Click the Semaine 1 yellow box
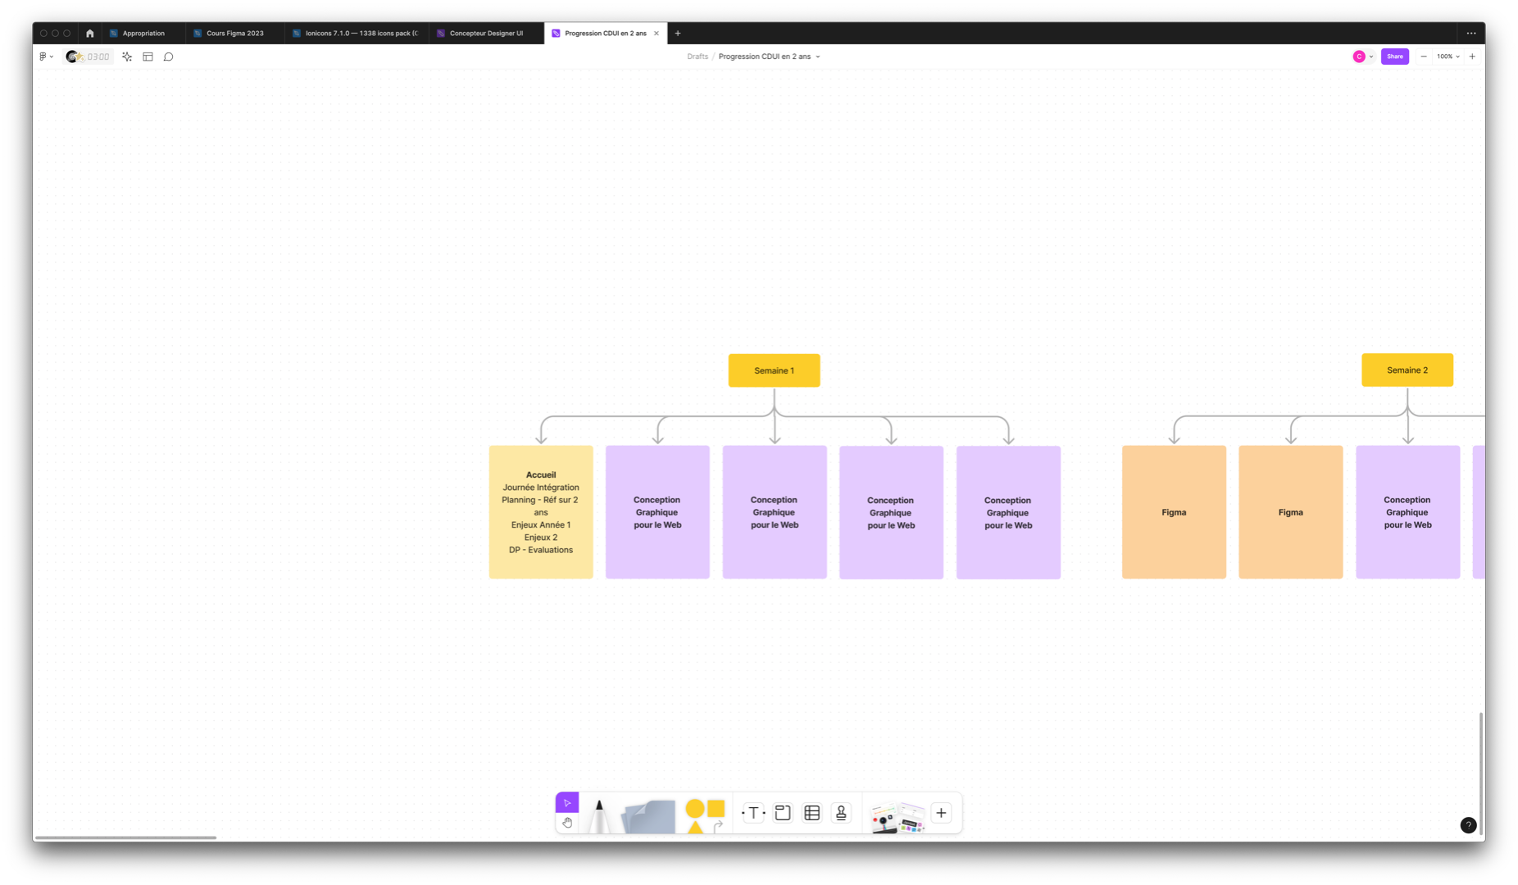click(x=774, y=370)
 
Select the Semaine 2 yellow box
click(x=1407, y=370)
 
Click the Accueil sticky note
click(x=541, y=565)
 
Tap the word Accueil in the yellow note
click(x=541, y=474)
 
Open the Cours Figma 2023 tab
click(x=234, y=34)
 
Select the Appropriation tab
click(x=143, y=34)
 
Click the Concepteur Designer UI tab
click(x=485, y=34)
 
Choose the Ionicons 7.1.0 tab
click(x=361, y=34)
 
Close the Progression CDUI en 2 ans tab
click(x=656, y=34)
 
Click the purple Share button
click(x=1394, y=57)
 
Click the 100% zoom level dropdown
click(x=1448, y=57)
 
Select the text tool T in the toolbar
click(x=753, y=813)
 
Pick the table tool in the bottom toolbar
click(x=811, y=813)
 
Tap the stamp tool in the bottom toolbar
click(x=841, y=813)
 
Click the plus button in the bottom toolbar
click(x=941, y=813)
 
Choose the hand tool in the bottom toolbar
click(x=567, y=823)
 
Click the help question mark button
click(x=1468, y=825)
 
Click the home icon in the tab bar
click(x=90, y=34)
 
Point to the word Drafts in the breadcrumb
click(x=698, y=57)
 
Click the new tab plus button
click(x=678, y=34)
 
